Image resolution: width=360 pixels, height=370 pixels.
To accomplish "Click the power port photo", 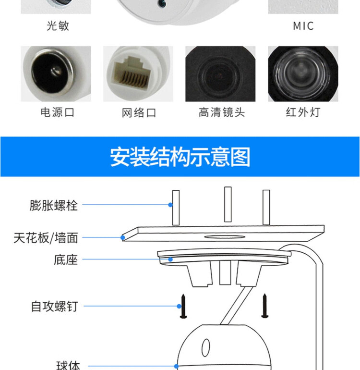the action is coord(56,74).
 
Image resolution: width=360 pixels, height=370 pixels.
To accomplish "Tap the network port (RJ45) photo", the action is coord(138,74).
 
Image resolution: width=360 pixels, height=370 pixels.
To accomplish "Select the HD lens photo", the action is coord(220,74).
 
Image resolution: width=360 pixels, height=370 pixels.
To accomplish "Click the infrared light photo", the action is coord(303,74).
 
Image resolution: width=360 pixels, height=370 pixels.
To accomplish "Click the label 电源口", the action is coord(58,112).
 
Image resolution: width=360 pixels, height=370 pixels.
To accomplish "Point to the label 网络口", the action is coord(139,113).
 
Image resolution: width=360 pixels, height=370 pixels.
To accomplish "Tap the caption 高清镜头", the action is coord(222,112).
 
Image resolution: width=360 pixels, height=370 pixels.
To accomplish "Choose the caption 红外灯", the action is coord(303,112).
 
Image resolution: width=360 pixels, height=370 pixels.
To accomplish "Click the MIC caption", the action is coord(303,26).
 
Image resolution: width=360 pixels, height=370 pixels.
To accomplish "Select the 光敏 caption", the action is coord(58,26).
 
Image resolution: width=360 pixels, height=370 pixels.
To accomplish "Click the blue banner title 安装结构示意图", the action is coord(180,157).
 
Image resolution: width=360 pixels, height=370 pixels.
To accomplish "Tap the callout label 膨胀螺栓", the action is coord(53,205).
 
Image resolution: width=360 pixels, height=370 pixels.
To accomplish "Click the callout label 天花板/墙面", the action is coord(46,238).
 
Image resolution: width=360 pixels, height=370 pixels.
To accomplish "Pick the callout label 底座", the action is coord(66,260).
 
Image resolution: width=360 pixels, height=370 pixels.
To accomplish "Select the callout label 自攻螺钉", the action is coord(55,307).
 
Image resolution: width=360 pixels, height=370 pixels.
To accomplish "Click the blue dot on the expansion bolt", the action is coord(170,205).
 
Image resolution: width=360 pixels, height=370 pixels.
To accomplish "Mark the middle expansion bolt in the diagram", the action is coord(228,204).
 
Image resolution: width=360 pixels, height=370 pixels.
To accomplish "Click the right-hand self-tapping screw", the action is coord(265,306).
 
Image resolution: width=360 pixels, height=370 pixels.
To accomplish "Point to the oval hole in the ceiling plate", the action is coord(225,237).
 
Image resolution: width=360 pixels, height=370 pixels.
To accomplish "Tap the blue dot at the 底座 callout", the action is coord(170,259).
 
